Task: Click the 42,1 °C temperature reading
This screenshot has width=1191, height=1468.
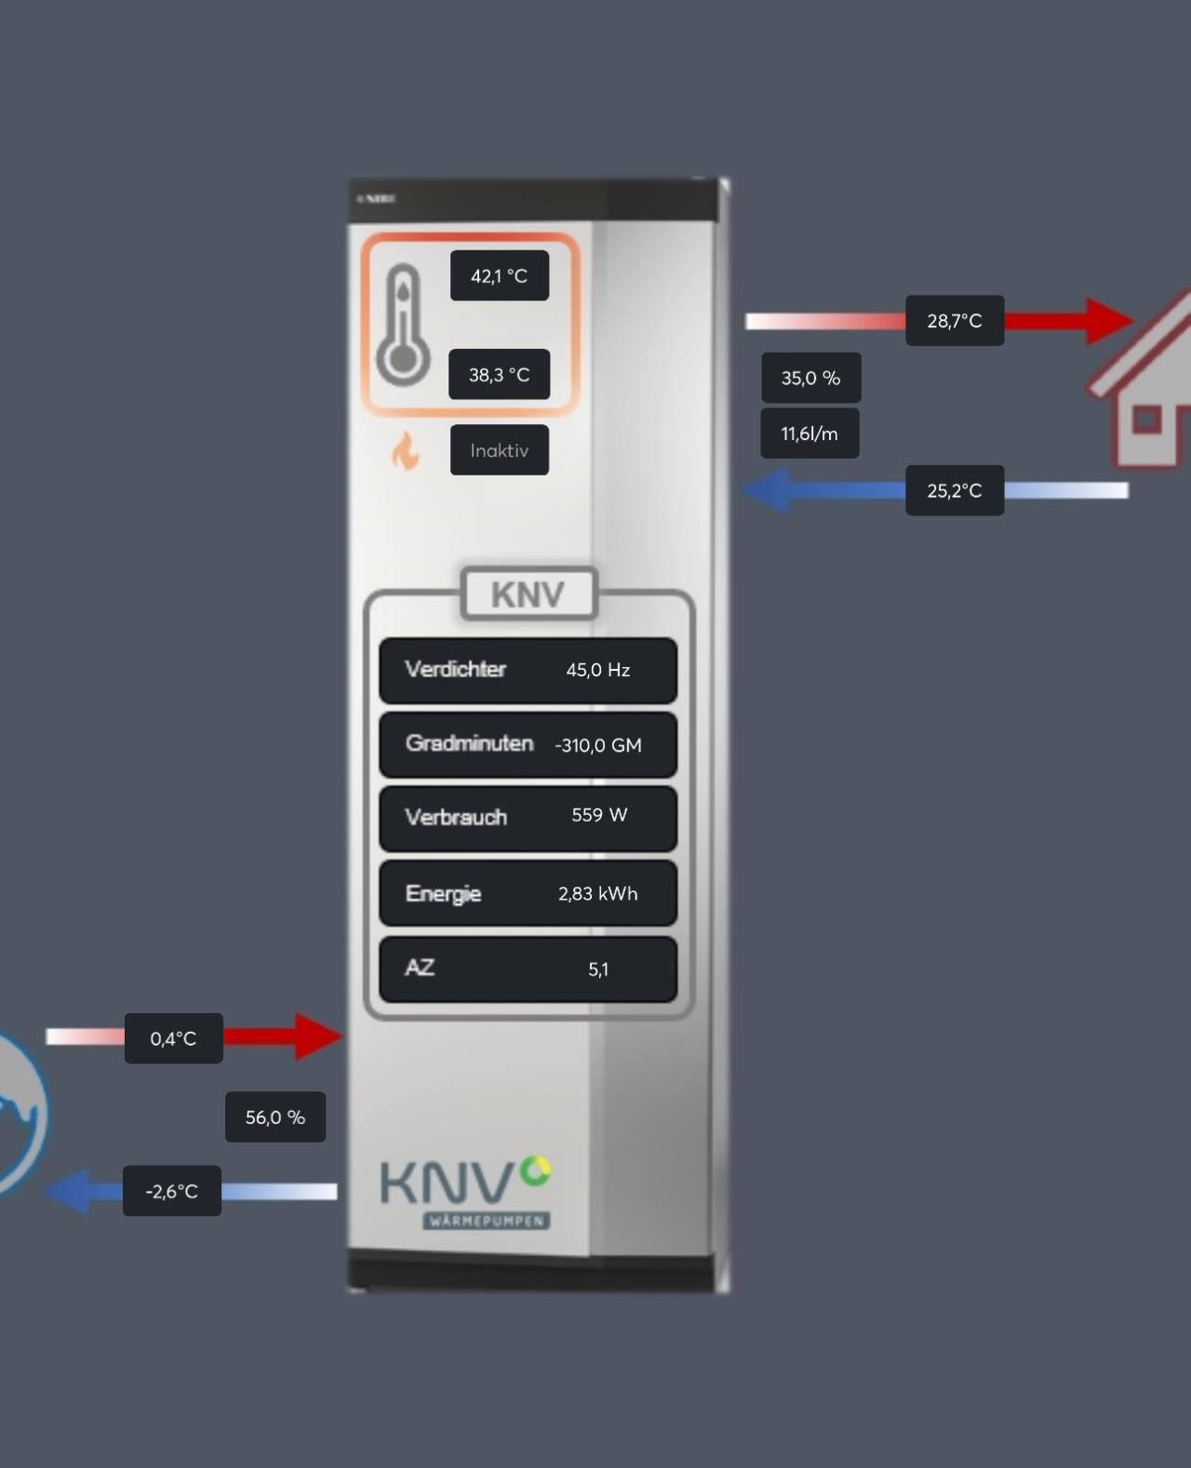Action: (500, 275)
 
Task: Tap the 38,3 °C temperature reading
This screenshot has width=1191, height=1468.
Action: (500, 374)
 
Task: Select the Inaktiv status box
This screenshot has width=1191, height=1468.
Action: (500, 450)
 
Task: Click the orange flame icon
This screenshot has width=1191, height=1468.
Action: (405, 451)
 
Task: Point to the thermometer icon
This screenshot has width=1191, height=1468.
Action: (403, 325)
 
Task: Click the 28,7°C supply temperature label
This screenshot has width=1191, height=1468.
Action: (955, 321)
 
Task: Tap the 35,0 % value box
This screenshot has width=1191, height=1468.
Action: (810, 378)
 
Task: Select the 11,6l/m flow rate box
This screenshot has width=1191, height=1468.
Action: (810, 434)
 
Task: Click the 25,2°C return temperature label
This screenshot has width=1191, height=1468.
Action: (955, 490)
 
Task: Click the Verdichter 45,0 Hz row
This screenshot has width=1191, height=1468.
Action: (528, 670)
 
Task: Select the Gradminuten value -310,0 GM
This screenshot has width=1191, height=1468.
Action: (598, 745)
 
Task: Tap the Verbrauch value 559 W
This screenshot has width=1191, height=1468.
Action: (599, 816)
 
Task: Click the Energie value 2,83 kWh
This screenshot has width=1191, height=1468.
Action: (598, 894)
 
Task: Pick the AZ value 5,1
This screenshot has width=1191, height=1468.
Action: (598, 969)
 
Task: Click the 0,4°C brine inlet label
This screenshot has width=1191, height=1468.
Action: (174, 1038)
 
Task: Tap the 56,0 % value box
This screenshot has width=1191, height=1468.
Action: (275, 1117)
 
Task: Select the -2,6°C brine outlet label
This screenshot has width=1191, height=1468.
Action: (172, 1191)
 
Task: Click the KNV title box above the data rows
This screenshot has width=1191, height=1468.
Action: (529, 594)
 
